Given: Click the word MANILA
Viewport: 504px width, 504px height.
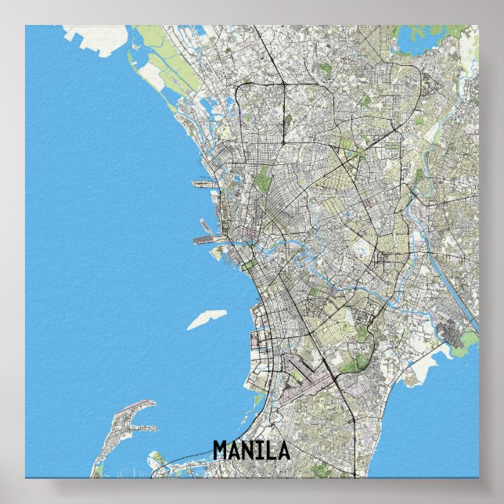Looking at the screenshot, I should (x=251, y=451).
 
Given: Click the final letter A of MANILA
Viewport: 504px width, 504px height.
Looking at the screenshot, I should (x=283, y=451).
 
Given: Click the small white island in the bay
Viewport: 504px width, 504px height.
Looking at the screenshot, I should (x=207, y=319).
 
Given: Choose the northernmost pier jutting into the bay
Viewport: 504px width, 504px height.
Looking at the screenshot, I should (x=203, y=185).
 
